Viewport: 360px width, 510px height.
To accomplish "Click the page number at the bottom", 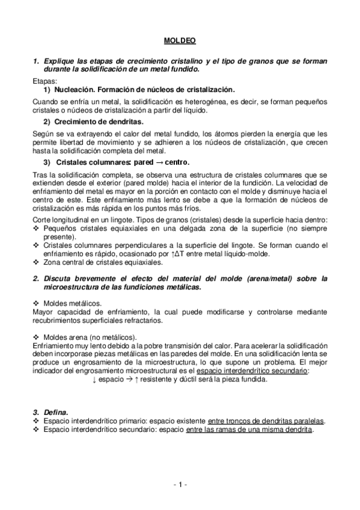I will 180,485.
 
